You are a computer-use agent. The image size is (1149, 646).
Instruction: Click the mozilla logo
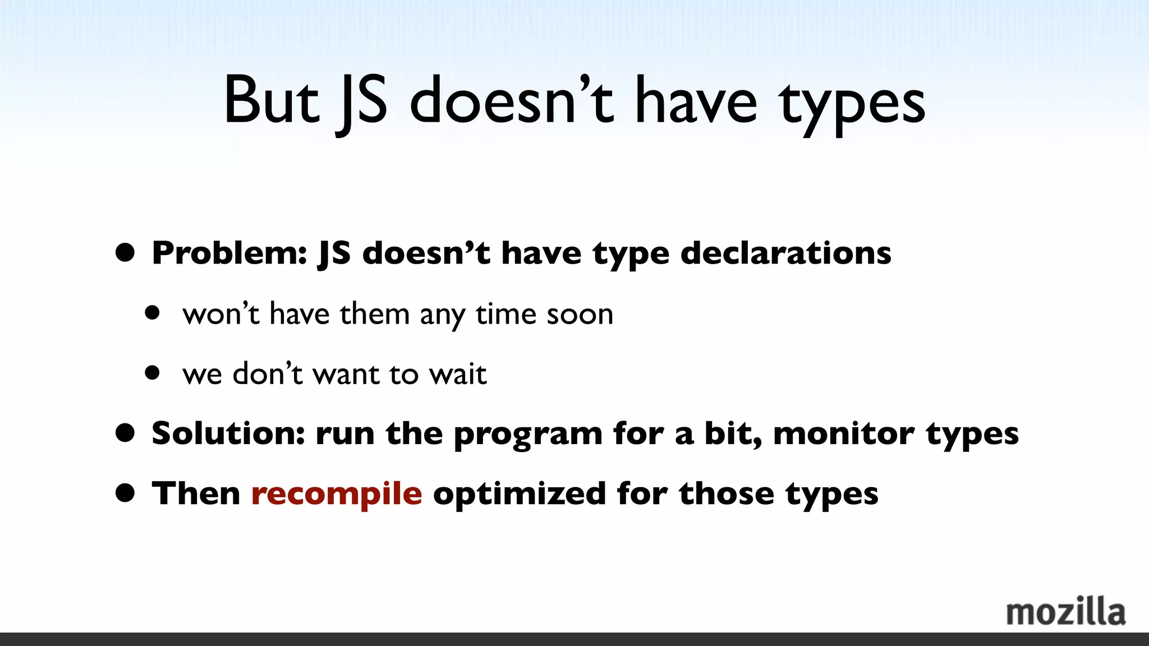[x=1065, y=612]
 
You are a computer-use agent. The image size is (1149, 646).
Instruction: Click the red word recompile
[x=337, y=494]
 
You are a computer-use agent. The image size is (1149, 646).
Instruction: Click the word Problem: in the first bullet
[x=229, y=253]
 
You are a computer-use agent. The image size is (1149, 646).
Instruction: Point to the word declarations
[x=785, y=253]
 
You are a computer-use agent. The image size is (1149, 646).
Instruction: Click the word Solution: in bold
[x=228, y=433]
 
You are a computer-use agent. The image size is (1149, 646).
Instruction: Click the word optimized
[x=520, y=494]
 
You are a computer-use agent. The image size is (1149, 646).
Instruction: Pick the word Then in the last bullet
[x=196, y=494]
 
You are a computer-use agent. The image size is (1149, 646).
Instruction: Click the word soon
[x=580, y=314]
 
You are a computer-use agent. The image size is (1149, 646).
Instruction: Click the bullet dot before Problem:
[x=125, y=253]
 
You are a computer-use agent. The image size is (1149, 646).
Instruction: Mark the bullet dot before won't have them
[x=152, y=313]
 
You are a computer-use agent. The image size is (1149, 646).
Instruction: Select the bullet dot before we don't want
[x=152, y=373]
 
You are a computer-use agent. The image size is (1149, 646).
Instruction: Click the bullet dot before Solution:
[x=125, y=433]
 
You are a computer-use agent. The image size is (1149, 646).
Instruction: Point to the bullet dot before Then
[x=125, y=493]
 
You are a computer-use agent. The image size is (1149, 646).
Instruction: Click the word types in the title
[x=852, y=104]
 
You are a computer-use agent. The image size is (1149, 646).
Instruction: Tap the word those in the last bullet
[x=726, y=494]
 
